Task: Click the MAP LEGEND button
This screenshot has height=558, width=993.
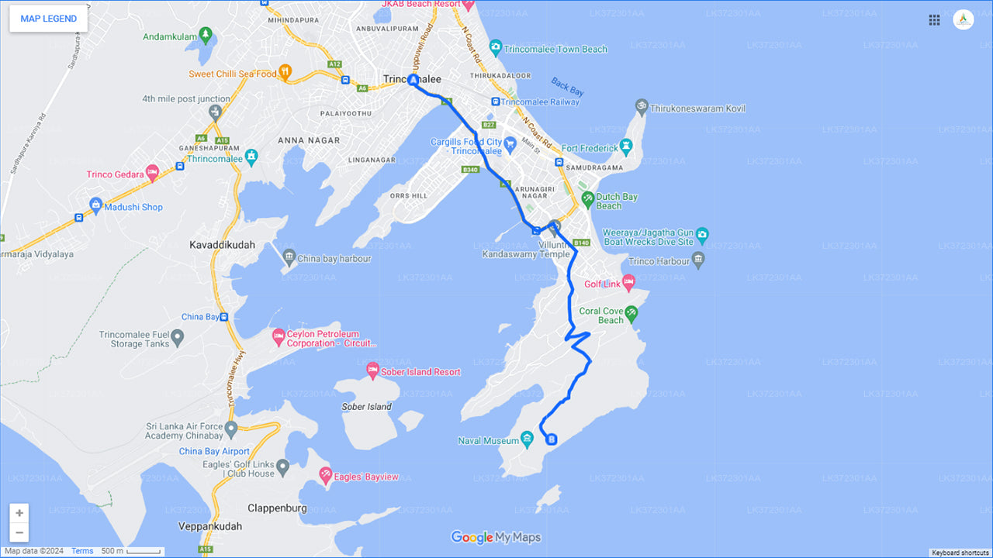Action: tap(48, 19)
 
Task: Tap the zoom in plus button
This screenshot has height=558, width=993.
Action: tap(19, 513)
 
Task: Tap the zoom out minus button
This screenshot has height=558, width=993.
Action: tap(19, 532)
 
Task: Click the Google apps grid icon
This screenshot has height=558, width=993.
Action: tap(934, 20)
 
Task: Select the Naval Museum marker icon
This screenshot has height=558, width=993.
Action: tap(528, 440)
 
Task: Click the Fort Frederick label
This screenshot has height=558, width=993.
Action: tap(590, 148)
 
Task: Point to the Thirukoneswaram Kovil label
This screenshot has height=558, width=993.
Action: tap(697, 108)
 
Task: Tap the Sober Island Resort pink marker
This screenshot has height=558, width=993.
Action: tap(372, 370)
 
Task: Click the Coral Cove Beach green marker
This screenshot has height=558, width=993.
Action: tap(631, 313)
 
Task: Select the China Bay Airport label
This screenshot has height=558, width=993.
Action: tap(214, 451)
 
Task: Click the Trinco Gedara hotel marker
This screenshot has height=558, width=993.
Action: tap(152, 172)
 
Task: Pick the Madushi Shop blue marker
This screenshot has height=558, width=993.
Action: tap(96, 205)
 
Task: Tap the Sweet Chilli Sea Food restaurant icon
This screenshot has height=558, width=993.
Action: tap(285, 73)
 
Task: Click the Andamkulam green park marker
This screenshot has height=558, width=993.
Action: tap(205, 34)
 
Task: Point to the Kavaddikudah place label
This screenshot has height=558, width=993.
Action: tap(222, 245)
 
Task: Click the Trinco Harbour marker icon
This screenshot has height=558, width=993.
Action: tap(698, 260)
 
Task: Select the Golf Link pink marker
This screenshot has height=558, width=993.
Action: tap(628, 282)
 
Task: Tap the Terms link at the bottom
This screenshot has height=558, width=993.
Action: tap(82, 551)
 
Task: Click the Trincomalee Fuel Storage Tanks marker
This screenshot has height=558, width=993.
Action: tap(178, 337)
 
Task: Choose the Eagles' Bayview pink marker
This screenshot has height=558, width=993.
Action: tap(326, 474)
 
